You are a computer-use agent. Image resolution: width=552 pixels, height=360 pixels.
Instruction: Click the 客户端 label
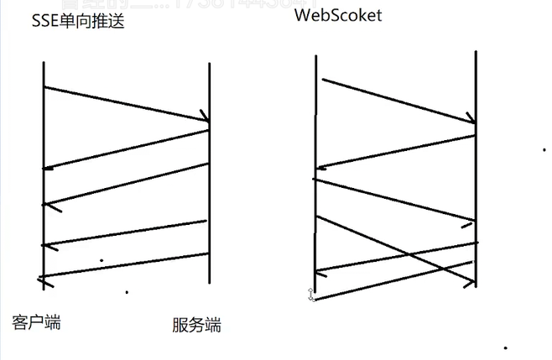tap(37, 322)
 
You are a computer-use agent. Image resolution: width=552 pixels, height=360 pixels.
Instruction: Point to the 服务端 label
tap(196, 325)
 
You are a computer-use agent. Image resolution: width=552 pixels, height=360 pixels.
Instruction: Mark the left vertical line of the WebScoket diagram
tap(315, 168)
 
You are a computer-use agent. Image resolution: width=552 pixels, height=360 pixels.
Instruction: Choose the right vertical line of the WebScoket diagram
tap(475, 168)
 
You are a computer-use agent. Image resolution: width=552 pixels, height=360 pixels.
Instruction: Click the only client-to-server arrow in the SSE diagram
tap(126, 104)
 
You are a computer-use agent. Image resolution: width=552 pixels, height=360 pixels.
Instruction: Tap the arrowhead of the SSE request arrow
tap(204, 119)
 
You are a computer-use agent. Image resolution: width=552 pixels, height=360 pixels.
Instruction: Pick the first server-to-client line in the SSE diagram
tap(126, 147)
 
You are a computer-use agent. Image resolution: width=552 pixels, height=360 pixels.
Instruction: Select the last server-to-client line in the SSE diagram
tap(123, 265)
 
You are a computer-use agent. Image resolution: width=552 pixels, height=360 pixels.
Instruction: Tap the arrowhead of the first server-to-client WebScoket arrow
tap(320, 168)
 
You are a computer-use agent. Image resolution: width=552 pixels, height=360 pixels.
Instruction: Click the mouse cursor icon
tap(311, 294)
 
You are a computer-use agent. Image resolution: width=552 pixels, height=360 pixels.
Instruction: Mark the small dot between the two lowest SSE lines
tap(102, 260)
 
